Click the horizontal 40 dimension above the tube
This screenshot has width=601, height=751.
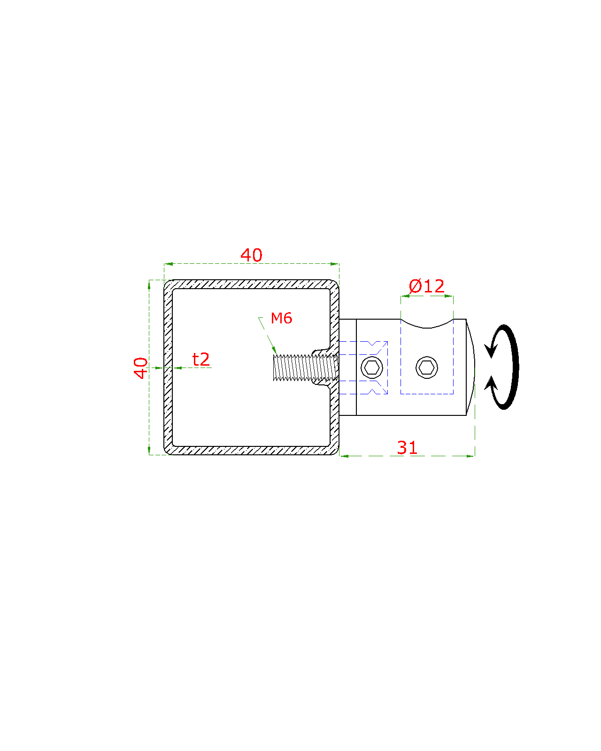[251, 255]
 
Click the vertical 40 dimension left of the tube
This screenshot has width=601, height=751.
[140, 368]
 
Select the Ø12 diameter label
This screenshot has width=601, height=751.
[426, 286]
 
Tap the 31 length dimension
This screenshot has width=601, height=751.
[407, 448]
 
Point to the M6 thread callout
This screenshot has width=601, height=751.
[281, 318]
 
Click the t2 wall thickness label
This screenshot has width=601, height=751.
[201, 360]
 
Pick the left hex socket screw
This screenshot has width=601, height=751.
[371, 368]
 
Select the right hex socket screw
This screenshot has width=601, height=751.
[427, 368]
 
